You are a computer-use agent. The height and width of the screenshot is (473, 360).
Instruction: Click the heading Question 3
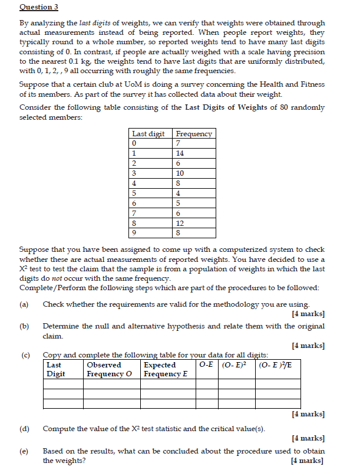click(x=39, y=7)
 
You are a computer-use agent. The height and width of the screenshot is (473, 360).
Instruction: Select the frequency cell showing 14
click(x=180, y=153)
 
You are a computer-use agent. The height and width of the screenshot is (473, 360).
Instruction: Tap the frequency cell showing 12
click(x=180, y=224)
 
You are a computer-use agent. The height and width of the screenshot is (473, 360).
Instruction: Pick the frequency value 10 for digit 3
click(x=180, y=173)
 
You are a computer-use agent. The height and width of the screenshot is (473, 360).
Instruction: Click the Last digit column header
click(x=148, y=134)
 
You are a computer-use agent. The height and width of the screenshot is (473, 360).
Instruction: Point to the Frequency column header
click(x=194, y=134)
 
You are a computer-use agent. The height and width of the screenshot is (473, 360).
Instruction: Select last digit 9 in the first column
click(x=135, y=234)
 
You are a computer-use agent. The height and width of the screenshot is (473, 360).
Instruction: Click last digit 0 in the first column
click(x=135, y=143)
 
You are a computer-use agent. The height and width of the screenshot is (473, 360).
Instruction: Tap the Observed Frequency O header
click(x=105, y=369)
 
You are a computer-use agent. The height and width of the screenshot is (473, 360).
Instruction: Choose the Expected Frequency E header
click(x=166, y=369)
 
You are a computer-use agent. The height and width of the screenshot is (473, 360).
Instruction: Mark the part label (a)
click(x=24, y=304)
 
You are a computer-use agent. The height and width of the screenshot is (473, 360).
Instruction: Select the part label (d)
click(x=24, y=428)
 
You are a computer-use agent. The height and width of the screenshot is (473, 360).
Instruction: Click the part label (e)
click(x=24, y=451)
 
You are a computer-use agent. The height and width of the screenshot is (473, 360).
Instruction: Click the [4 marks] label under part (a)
click(x=308, y=313)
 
